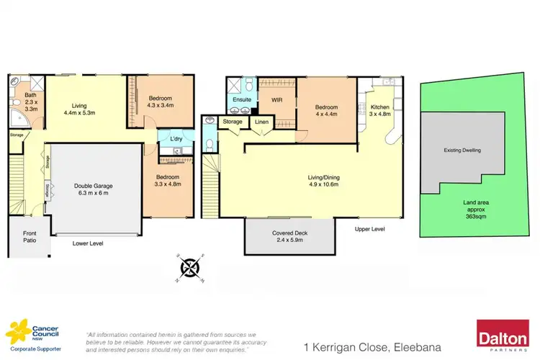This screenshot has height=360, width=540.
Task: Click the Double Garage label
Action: tap(93, 186)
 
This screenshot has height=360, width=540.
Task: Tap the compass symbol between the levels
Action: tap(190, 267)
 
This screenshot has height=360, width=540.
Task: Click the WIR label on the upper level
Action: tap(275, 101)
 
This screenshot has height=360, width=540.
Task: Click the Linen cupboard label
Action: tap(261, 122)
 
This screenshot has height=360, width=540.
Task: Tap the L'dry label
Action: tap(176, 137)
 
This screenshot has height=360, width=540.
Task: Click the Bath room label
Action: tap(30, 94)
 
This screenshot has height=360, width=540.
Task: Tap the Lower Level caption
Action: tap(88, 243)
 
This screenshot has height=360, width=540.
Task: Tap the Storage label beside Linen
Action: tap(233, 122)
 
